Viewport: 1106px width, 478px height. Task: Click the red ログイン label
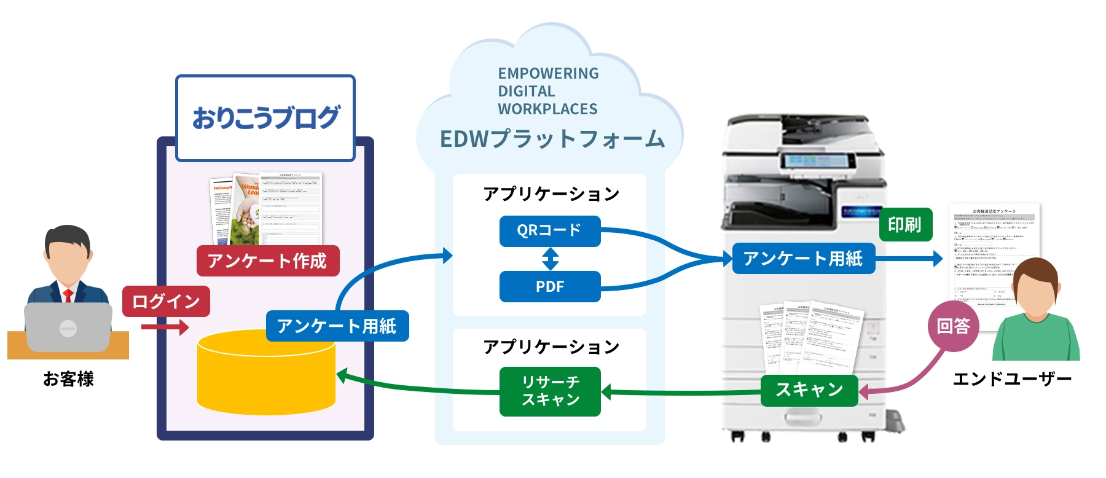[166, 301]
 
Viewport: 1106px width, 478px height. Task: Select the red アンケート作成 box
[267, 261]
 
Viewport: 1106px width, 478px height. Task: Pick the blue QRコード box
[549, 231]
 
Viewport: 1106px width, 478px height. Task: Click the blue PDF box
[549, 287]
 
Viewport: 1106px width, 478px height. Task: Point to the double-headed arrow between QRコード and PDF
[550, 259]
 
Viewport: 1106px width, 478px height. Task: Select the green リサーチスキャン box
[550, 391]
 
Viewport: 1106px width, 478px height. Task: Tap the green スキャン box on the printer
[809, 390]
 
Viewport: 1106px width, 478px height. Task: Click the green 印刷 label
[905, 225]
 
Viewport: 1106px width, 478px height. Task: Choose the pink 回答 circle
[953, 326]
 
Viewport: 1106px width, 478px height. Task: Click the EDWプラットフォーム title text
[552, 139]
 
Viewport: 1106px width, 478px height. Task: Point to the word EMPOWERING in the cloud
[548, 74]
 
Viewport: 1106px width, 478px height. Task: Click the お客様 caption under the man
[68, 379]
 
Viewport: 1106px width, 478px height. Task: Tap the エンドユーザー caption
[1011, 379]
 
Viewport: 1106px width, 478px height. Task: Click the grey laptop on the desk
[68, 327]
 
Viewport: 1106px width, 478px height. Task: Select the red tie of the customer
[68, 296]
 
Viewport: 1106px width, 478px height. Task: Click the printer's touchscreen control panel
[818, 161]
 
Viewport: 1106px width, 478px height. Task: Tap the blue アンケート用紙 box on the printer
[803, 259]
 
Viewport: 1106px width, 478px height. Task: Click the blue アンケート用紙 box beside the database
[337, 326]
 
